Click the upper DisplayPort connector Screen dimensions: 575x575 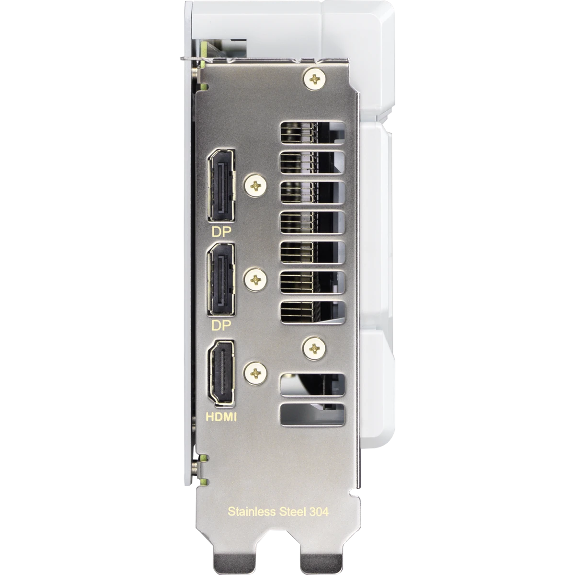point(221,185)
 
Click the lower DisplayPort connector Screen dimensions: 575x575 point(221,279)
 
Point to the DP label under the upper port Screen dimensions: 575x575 point(221,232)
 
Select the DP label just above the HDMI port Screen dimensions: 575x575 point(221,326)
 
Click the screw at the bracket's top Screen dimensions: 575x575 point(314,79)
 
